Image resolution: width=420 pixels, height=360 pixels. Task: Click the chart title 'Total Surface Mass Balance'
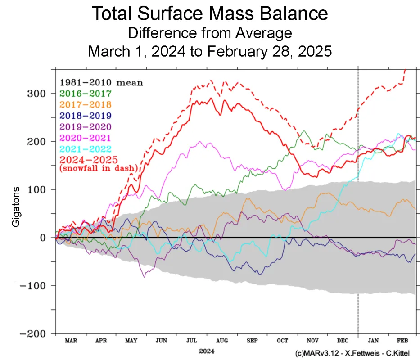coord(210,14)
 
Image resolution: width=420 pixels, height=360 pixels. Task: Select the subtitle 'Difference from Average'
coord(210,33)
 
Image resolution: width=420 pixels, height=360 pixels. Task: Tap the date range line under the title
coord(210,51)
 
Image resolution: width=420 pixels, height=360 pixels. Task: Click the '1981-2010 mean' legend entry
coord(101,82)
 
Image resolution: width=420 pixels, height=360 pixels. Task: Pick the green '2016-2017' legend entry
coord(86,94)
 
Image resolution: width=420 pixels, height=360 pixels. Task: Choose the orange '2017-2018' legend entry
coord(86,104)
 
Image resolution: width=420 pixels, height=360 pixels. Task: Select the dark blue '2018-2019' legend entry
coord(86,115)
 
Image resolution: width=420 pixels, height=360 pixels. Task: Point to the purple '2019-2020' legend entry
coord(86,126)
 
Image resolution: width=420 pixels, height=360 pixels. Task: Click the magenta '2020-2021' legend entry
coord(86,137)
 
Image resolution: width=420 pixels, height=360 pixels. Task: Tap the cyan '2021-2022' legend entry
coord(86,148)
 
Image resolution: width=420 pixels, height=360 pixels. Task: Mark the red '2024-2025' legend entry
coord(86,159)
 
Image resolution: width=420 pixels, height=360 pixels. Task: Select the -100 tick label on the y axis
coord(36,286)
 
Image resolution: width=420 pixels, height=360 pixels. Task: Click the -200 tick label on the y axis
coord(36,334)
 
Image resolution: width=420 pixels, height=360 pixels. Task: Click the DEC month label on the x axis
coord(343,341)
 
